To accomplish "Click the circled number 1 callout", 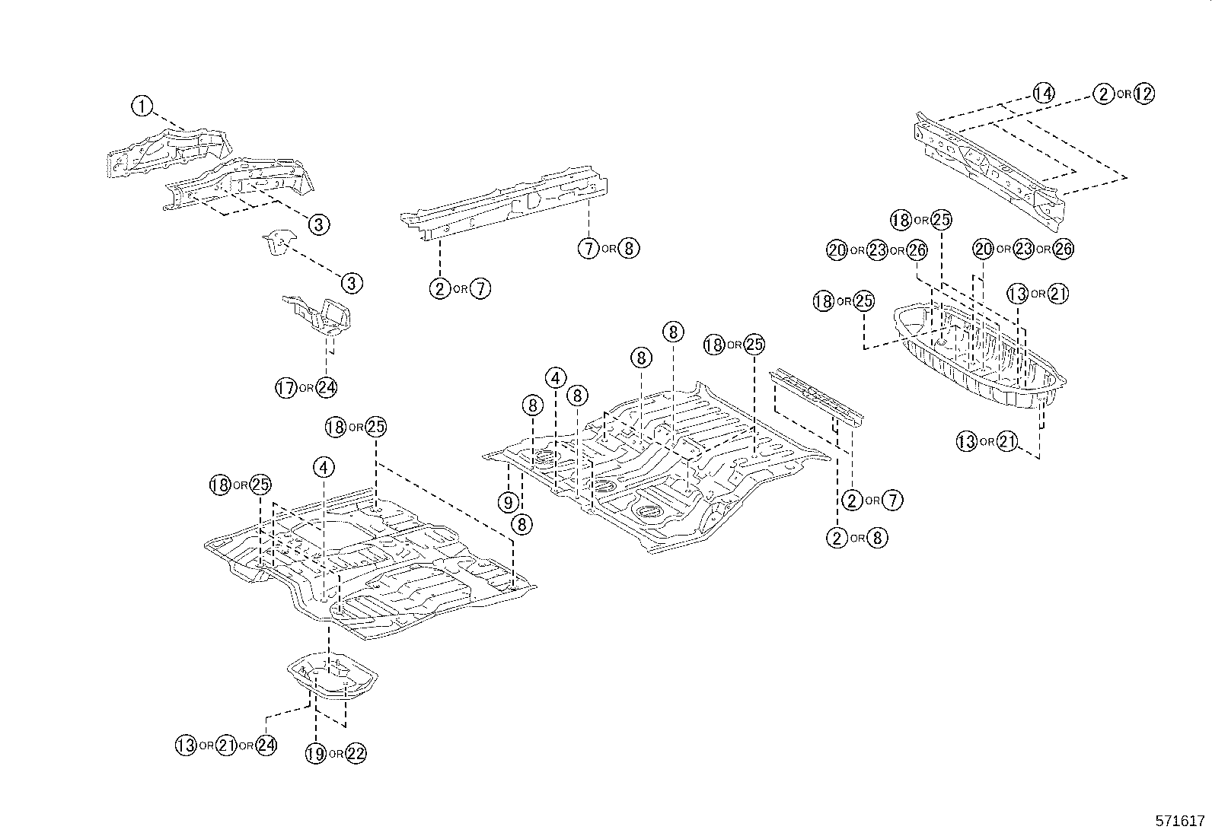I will point(142,106).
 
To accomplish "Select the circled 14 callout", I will point(1045,94).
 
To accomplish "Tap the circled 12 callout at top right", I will point(1143,94).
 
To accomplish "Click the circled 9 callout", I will point(508,502).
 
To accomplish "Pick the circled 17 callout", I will point(285,388).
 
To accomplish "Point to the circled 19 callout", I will point(316,754).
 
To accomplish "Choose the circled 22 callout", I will point(356,754).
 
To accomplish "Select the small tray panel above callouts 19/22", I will point(333,674).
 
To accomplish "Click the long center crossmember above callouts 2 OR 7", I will point(506,202).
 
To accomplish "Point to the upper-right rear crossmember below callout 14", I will point(990,164).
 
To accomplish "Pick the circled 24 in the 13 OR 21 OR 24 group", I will point(266,745).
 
